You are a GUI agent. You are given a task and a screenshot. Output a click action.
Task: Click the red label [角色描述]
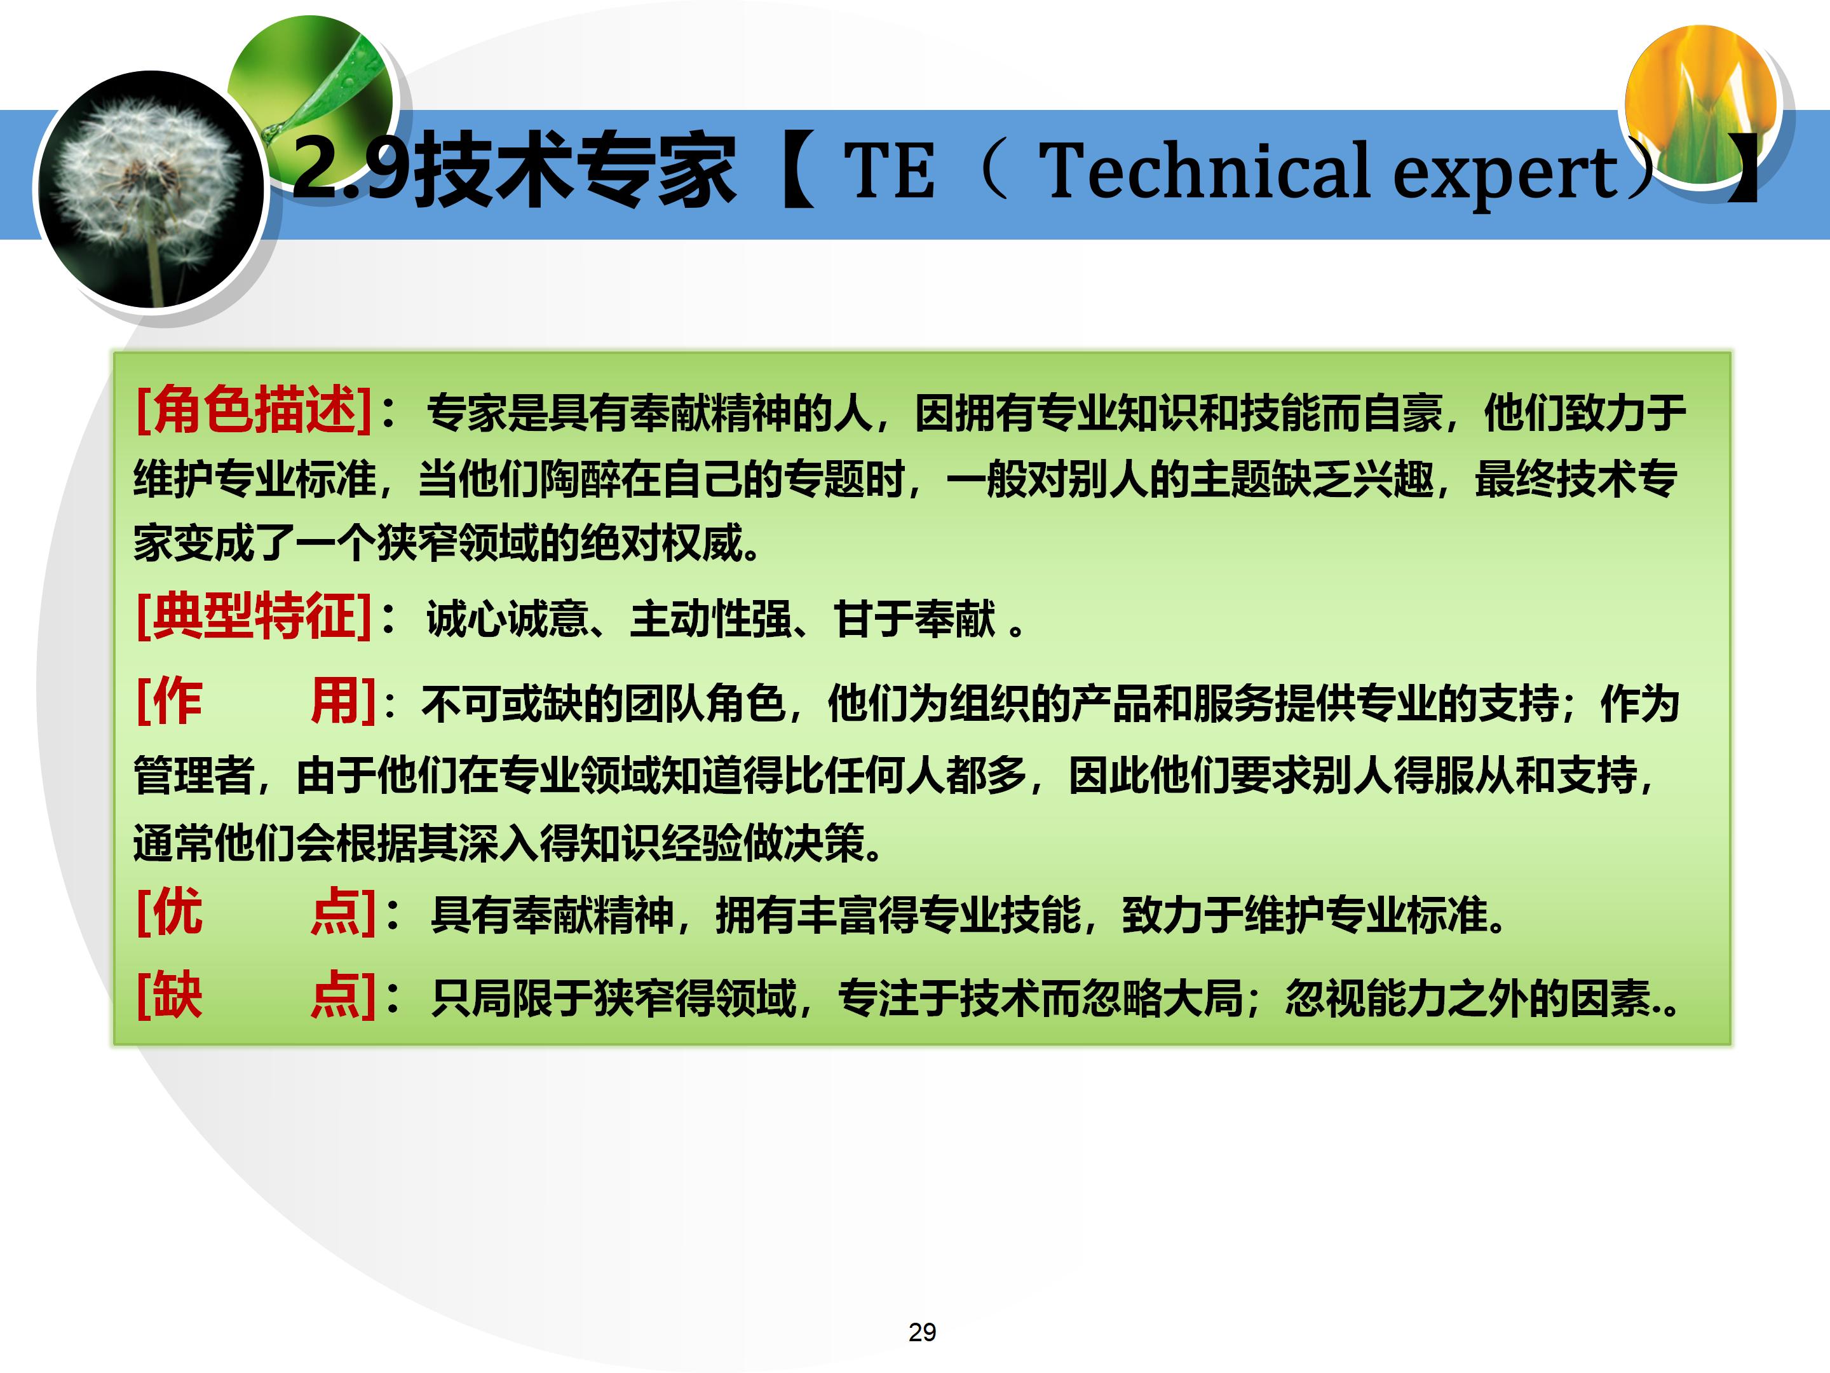coord(253,409)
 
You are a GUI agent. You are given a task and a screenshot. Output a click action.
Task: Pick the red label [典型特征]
coord(253,616)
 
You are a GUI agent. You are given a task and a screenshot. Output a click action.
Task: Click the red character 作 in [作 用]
coord(178,701)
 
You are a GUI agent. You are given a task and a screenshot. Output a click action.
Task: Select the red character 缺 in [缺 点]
coord(178,995)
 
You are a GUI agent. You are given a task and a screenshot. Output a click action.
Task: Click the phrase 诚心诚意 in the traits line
coord(507,619)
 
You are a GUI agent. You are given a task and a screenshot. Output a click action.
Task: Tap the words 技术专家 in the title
coord(574,170)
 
